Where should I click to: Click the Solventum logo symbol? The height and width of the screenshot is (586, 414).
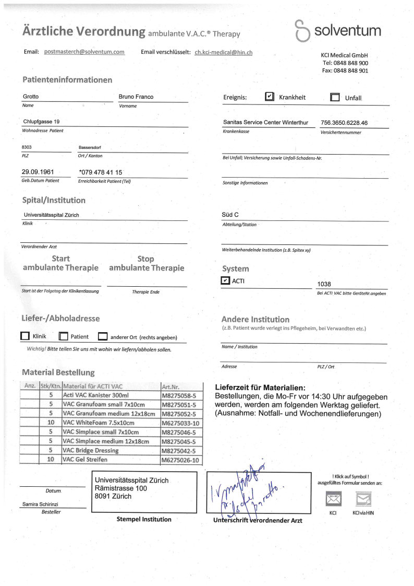click(x=302, y=30)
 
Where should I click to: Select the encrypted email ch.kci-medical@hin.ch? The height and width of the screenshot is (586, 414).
click(x=224, y=52)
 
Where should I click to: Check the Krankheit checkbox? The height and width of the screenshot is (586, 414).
click(x=270, y=97)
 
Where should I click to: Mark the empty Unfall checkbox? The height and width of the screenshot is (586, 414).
click(x=335, y=97)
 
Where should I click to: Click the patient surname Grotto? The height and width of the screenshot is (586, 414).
click(x=31, y=97)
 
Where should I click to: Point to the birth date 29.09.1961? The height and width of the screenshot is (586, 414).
click(x=38, y=172)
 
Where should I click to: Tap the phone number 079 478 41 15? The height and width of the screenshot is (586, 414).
click(x=102, y=172)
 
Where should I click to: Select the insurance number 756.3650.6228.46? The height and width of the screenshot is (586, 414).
click(x=345, y=123)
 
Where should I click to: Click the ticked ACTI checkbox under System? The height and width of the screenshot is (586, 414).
click(x=225, y=280)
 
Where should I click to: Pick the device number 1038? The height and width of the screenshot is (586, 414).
click(x=324, y=284)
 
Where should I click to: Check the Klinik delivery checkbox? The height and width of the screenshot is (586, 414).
click(x=25, y=337)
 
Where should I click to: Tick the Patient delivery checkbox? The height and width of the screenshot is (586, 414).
click(x=64, y=337)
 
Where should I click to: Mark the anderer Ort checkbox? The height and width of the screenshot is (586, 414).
click(x=103, y=337)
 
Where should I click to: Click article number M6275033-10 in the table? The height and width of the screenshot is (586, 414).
click(x=180, y=423)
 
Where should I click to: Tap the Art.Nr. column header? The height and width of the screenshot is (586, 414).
click(x=171, y=387)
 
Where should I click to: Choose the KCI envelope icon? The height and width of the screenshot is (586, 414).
click(x=333, y=499)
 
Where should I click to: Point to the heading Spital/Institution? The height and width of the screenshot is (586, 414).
click(x=54, y=200)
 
